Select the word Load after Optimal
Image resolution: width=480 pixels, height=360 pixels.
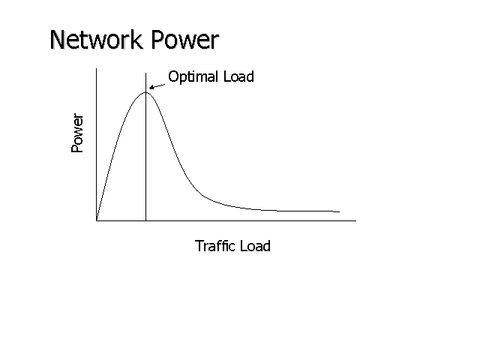[238, 76]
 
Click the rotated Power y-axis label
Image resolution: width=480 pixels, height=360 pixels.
[78, 133]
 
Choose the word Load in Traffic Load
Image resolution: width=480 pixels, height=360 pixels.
[254, 246]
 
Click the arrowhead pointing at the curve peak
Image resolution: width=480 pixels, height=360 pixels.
[152, 88]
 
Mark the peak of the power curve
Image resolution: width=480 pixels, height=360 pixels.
[145, 91]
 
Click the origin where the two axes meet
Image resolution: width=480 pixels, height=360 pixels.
[96, 220]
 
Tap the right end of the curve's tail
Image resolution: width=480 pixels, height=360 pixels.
[339, 211]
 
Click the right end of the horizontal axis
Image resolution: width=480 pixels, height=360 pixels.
[355, 220]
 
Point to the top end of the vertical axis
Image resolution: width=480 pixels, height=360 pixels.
[96, 68]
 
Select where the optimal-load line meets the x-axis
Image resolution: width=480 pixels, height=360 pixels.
[145, 220]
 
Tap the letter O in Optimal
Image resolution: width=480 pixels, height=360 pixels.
[173, 76]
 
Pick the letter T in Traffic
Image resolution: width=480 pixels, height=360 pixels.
[199, 246]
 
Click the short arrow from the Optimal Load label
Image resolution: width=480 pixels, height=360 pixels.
[157, 85]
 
